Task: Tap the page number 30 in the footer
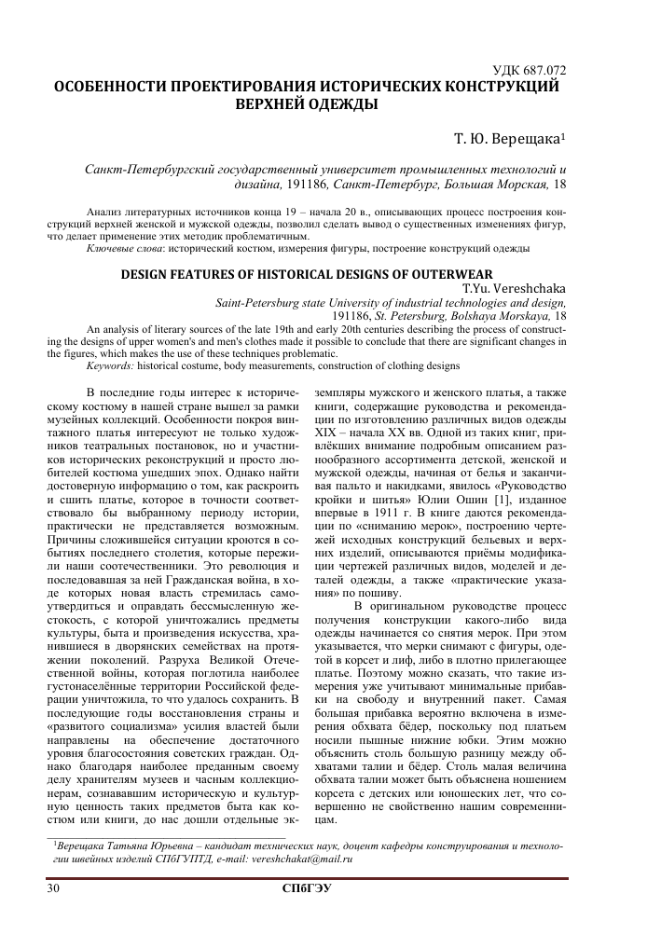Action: click(53, 887)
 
